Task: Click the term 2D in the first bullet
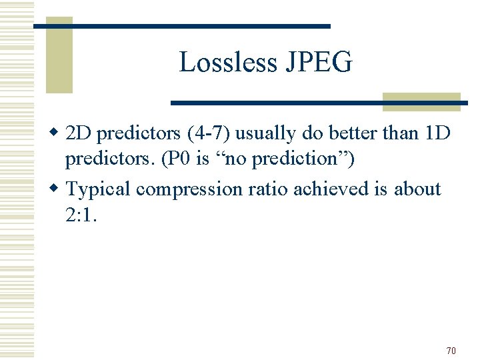[x=81, y=133]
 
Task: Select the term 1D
[x=437, y=133]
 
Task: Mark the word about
[x=417, y=189]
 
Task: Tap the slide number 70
[x=451, y=351]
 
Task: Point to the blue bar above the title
[x=182, y=26]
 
